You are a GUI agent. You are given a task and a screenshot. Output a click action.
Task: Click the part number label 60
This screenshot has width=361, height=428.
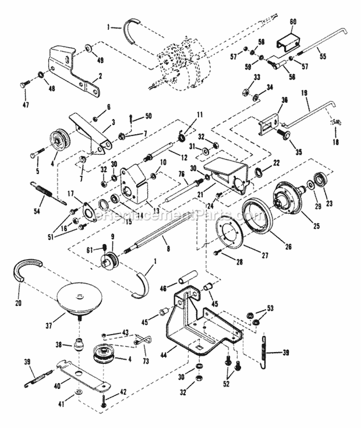(x=293, y=22)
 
